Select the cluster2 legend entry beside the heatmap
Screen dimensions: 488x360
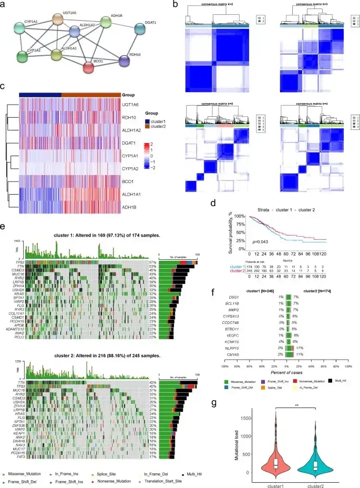click(x=157, y=127)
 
